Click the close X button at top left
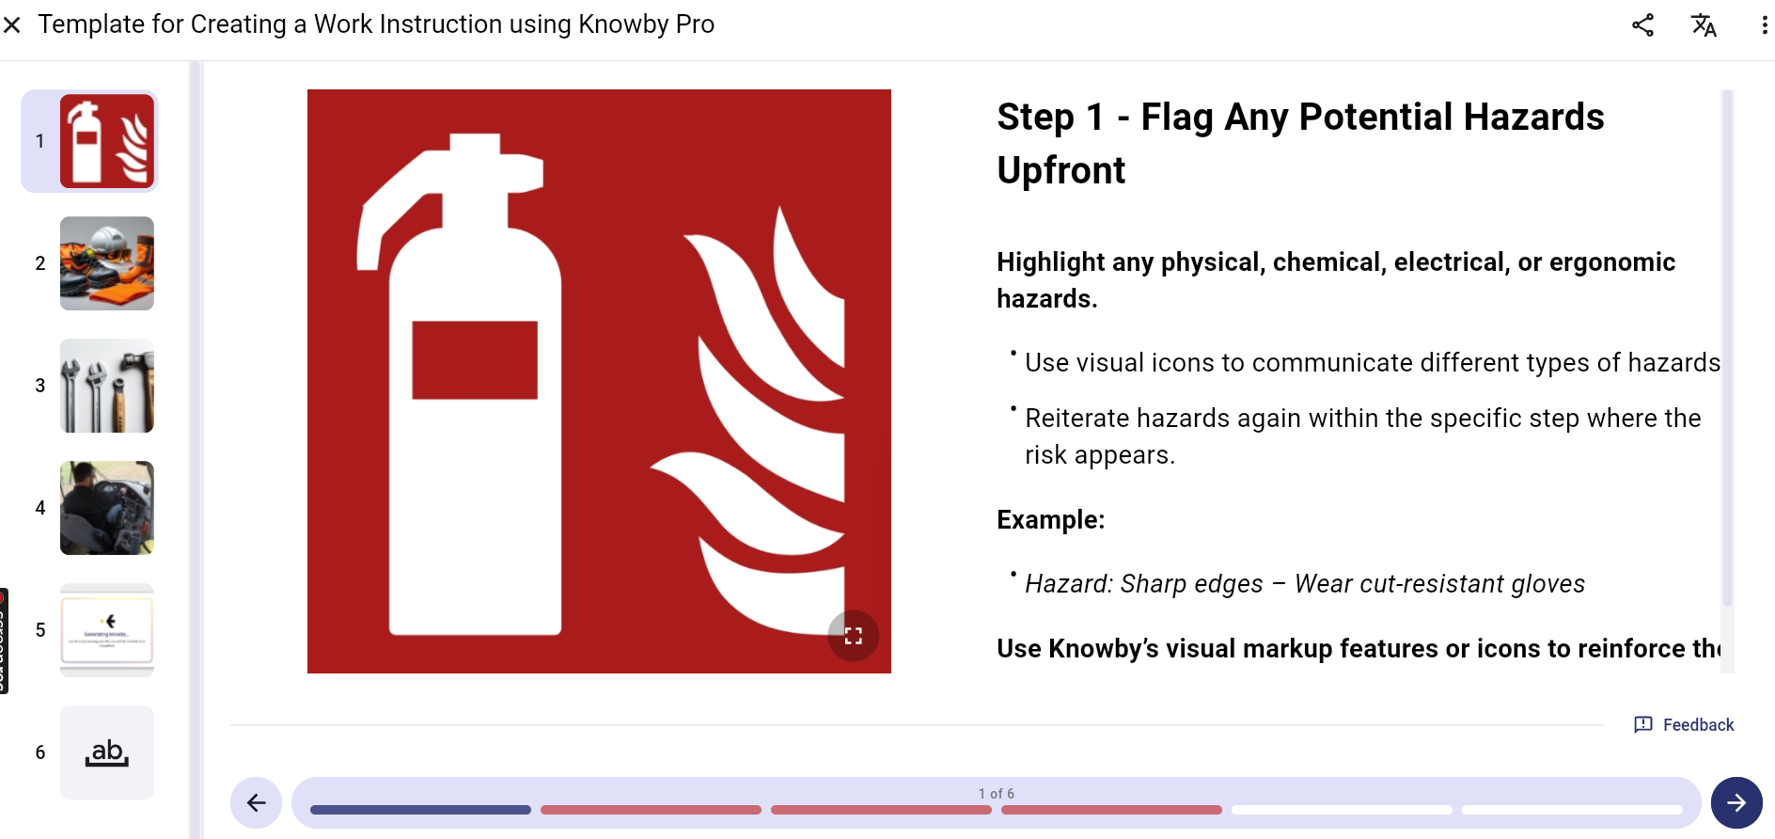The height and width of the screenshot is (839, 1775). pos(12,25)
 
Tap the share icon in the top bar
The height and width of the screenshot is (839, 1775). pos(1642,25)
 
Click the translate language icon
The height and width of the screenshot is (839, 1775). pos(1704,25)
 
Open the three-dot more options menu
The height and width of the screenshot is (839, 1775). pos(1764,25)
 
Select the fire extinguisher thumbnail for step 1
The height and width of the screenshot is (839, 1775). pos(107,141)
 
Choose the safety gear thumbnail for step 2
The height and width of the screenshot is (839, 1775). pos(107,263)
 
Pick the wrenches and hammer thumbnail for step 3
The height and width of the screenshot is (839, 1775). pos(107,386)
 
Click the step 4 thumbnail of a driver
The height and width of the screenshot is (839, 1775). pos(107,508)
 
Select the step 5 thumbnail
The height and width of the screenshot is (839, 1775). pos(107,630)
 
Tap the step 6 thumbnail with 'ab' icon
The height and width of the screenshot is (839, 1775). pos(107,752)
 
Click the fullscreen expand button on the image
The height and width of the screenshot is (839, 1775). pos(853,636)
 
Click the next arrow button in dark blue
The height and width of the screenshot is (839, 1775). pos(1736,802)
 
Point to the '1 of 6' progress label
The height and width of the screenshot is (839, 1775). pos(996,794)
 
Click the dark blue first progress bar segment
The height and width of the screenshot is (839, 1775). pos(420,810)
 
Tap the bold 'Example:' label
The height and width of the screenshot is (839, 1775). pos(1050,520)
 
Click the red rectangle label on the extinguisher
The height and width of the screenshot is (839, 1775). pos(475,360)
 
